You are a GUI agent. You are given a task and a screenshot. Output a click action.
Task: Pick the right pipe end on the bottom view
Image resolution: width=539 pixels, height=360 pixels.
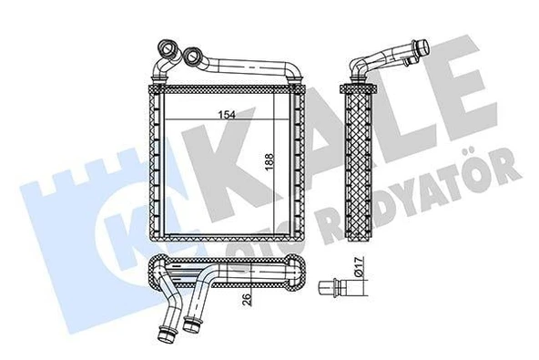click(x=191, y=324)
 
